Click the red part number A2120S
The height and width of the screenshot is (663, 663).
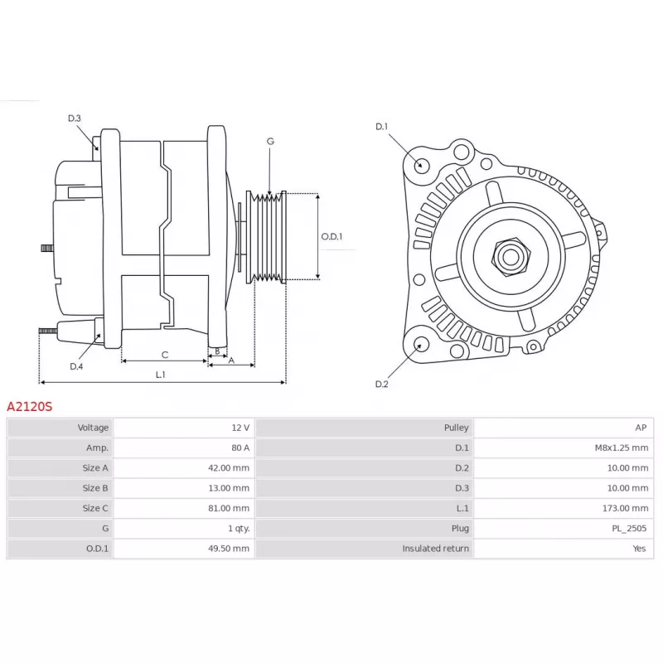(x=30, y=407)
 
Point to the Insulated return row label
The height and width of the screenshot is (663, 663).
(x=436, y=549)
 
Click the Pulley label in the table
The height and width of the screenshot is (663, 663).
(x=457, y=428)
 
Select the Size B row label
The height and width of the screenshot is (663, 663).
(x=95, y=488)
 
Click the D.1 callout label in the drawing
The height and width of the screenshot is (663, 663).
(x=381, y=127)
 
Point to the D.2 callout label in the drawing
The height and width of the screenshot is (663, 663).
(x=381, y=384)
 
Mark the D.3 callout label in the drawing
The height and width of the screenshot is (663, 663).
(x=75, y=119)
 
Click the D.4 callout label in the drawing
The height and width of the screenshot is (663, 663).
(x=76, y=366)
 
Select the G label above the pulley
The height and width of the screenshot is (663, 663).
(x=270, y=141)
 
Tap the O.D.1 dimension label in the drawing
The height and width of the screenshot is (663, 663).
(x=331, y=236)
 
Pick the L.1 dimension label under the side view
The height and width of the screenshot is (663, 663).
(x=160, y=375)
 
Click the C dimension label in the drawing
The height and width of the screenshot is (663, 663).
(x=165, y=355)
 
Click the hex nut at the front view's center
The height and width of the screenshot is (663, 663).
(x=511, y=257)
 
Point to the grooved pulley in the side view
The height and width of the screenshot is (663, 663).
(x=266, y=237)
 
